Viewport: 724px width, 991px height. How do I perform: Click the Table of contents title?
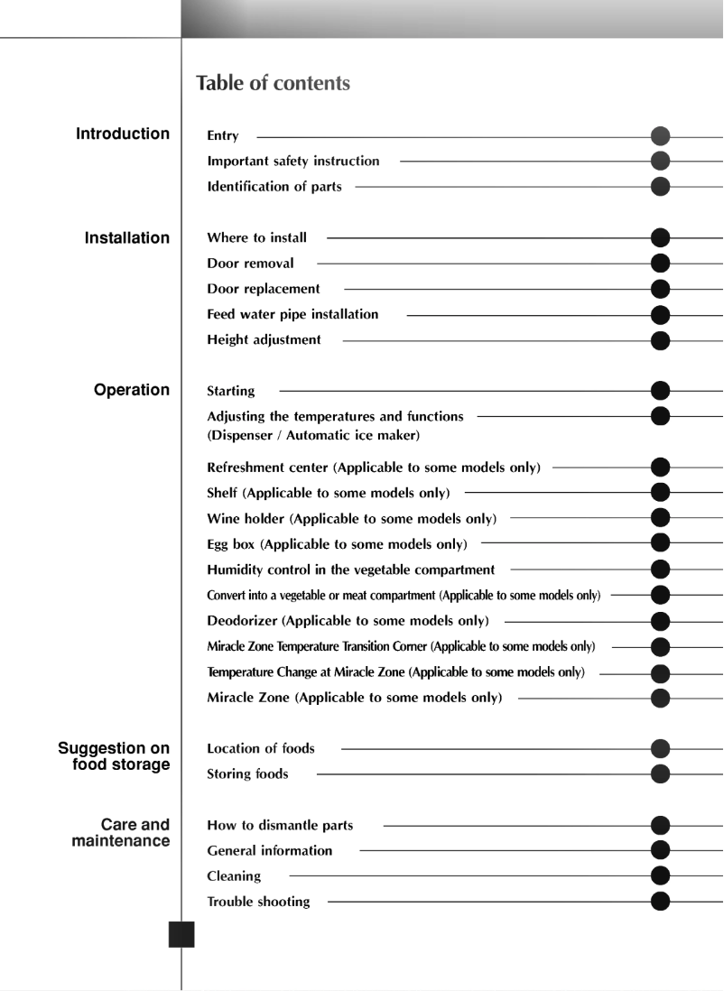273,84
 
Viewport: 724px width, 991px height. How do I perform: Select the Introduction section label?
123,134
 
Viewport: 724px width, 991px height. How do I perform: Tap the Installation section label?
127,238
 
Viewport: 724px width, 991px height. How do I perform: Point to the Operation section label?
132,390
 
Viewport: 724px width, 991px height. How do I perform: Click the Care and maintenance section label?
121,833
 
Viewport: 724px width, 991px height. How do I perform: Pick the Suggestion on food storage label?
114,757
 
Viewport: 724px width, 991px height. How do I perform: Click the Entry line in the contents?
223,136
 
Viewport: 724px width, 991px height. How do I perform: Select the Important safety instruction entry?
293,162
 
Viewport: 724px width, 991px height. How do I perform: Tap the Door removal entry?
250,264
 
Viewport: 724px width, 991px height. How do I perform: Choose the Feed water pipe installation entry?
292,315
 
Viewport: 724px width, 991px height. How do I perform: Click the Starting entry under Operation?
231,392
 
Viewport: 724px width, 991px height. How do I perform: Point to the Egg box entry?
337,544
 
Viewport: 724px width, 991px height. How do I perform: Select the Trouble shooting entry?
258,902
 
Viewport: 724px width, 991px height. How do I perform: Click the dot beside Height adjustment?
661,341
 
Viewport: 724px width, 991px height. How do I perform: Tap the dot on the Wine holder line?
661,518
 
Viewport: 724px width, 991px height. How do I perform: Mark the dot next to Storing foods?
661,773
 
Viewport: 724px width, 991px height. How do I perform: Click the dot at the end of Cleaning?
661,875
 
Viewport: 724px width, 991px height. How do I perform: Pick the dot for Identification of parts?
661,187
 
